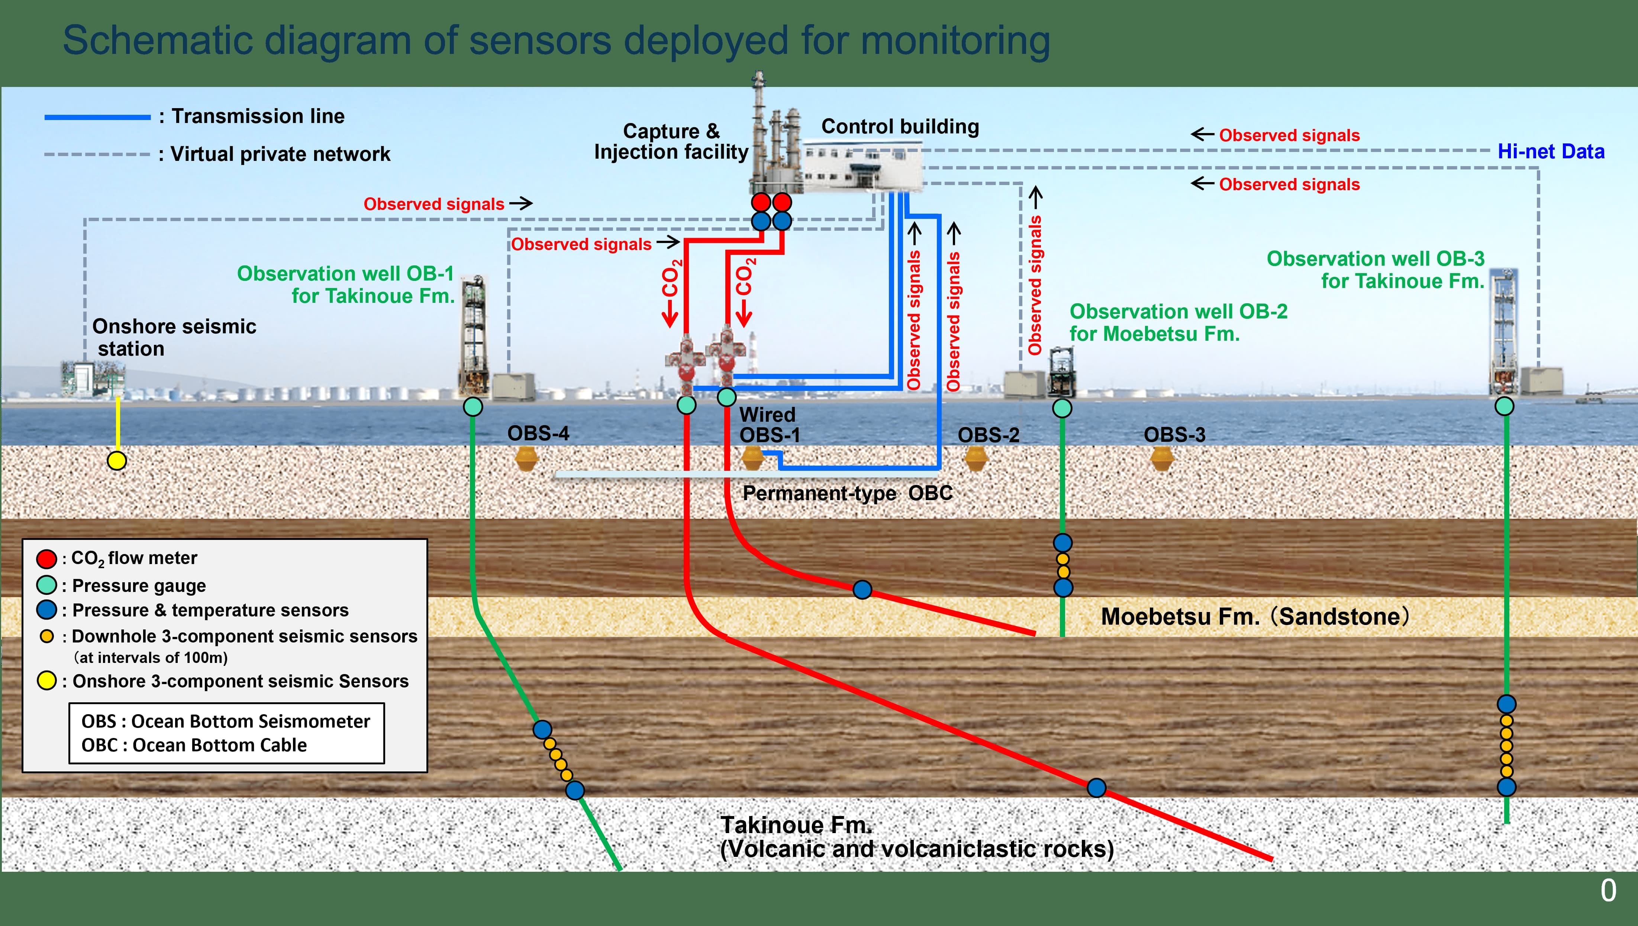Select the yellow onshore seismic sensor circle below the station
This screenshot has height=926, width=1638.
coord(116,460)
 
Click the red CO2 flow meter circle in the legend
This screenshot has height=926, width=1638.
coord(46,559)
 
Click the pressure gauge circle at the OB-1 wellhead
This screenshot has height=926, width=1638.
coord(473,407)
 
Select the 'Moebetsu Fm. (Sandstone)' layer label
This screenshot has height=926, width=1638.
coord(1254,616)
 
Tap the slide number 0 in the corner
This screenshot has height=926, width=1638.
coord(1608,890)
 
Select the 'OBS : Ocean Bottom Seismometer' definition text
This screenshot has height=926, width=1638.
coord(225,721)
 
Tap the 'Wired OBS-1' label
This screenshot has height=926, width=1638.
coord(768,425)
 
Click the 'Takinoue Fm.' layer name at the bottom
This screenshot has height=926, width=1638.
coord(795,825)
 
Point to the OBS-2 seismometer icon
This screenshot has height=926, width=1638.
coord(975,458)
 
